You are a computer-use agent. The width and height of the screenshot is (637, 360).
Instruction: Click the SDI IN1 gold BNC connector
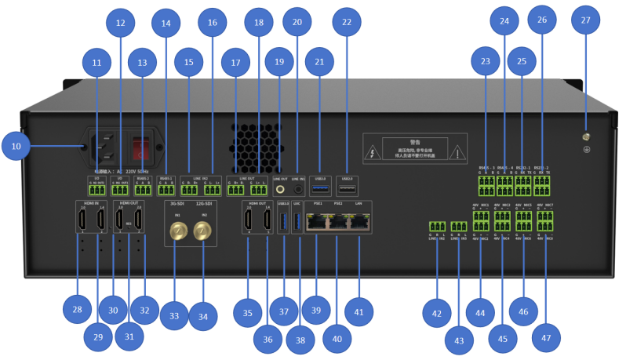click(178, 229)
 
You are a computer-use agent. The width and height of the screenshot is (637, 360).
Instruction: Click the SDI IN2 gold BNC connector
click(204, 229)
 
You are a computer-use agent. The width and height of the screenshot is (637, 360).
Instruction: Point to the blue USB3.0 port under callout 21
click(319, 189)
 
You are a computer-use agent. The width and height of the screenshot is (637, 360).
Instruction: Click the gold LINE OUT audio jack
click(280, 189)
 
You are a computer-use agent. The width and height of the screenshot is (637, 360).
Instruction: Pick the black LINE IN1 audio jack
click(298, 189)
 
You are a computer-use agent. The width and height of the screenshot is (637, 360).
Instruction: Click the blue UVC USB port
click(297, 222)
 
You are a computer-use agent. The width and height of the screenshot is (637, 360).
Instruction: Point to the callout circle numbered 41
click(359, 312)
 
